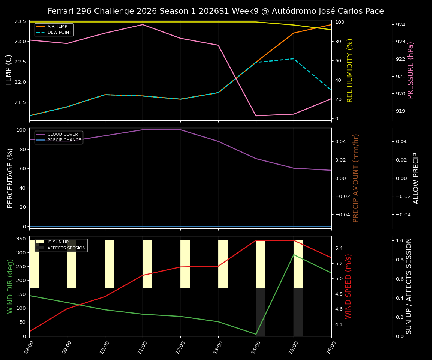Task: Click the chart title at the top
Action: click(x=216, y=11)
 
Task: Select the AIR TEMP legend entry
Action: click(x=57, y=27)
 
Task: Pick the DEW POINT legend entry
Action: click(x=59, y=33)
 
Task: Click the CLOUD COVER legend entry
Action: click(x=63, y=135)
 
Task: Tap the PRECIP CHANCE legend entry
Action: click(x=64, y=140)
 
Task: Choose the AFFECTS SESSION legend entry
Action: click(x=66, y=248)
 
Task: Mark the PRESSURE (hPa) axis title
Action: click(x=411, y=70)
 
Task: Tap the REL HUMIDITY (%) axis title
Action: click(x=350, y=70)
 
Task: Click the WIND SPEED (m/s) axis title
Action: click(x=349, y=286)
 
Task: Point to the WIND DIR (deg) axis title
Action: click(x=10, y=286)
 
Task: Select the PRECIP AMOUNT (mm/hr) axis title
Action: click(x=356, y=178)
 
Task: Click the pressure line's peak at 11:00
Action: click(x=142, y=24)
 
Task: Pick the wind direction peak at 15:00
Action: click(x=294, y=255)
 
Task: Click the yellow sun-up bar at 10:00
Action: click(x=109, y=264)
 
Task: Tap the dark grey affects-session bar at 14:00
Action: click(x=261, y=312)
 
